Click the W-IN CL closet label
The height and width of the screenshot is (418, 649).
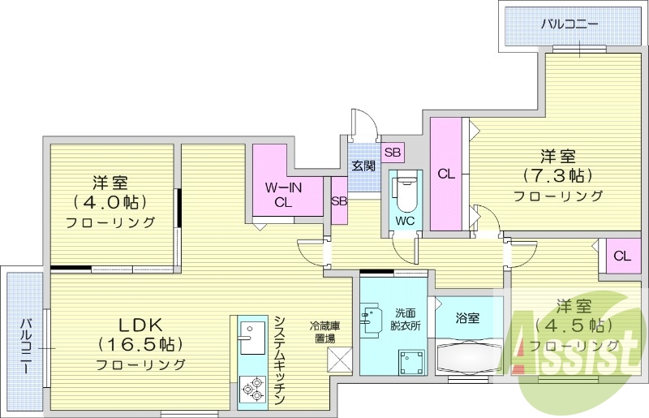tap(283, 195)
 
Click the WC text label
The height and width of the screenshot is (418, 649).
tap(405, 220)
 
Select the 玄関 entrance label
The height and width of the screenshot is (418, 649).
tap(363, 166)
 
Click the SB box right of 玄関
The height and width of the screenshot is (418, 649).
tap(393, 152)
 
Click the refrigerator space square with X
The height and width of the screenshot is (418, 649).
tap(337, 359)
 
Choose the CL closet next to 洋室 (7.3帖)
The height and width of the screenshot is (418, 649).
tap(445, 174)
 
